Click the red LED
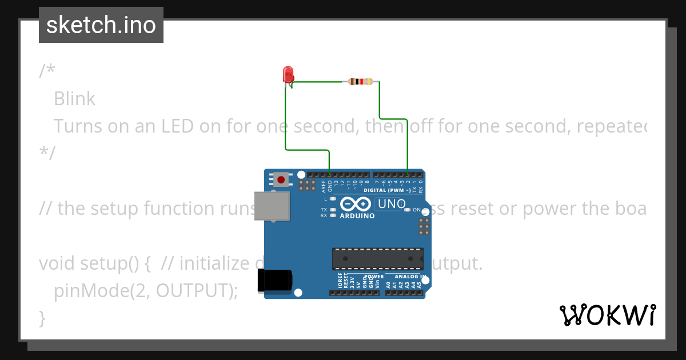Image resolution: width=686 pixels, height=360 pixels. [x=288, y=74]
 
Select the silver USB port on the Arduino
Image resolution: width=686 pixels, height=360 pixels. [x=272, y=206]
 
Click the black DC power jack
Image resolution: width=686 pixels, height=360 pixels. [x=275, y=280]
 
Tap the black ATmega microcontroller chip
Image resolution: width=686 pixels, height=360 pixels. [x=378, y=258]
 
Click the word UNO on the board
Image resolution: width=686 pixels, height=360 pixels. [x=392, y=204]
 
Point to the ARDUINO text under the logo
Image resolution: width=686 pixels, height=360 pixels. [x=357, y=217]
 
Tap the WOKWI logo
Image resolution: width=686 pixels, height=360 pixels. [x=607, y=315]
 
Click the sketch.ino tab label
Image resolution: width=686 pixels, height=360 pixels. [x=101, y=25]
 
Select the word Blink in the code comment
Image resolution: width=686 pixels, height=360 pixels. [x=74, y=99]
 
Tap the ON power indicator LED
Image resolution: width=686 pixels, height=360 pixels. [x=408, y=210]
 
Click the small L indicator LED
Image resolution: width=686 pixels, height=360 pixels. [x=332, y=199]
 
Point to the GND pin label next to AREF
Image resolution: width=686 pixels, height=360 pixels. [x=330, y=185]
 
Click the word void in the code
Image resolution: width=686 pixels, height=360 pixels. [x=57, y=263]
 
